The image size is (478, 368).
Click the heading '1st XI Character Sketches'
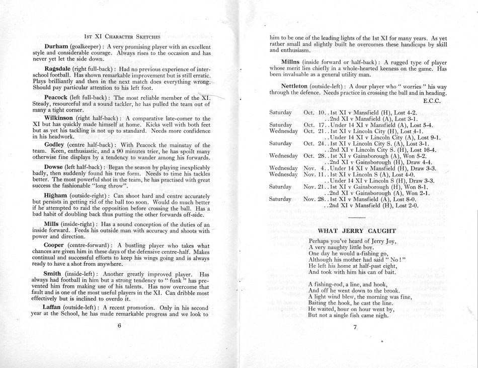point(123,36)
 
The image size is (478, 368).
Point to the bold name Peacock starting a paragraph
point(59,97)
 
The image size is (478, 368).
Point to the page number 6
point(119,326)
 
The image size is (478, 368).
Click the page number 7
point(355,326)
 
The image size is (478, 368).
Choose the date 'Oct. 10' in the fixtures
point(312,112)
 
